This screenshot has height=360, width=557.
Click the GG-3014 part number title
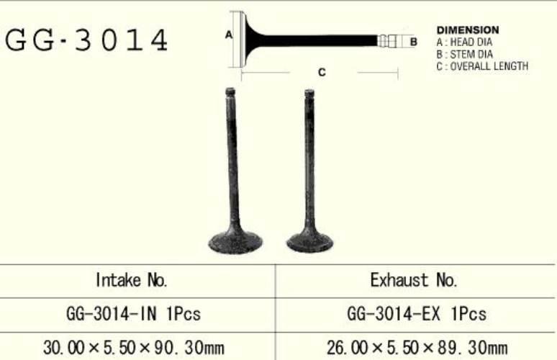pos(86,40)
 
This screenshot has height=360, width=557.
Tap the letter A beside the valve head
pos(229,35)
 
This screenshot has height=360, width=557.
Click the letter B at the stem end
pos(414,42)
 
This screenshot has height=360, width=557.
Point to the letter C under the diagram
pos(322,73)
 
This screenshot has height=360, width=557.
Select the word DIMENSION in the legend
pos(468,30)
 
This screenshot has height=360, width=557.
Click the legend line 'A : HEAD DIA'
pos(464,42)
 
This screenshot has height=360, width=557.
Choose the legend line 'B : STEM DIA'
pos(465,55)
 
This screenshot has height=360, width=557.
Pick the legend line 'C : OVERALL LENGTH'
pos(482,66)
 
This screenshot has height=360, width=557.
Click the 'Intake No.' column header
pos(132,280)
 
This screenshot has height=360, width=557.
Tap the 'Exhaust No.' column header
pos(414,280)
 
